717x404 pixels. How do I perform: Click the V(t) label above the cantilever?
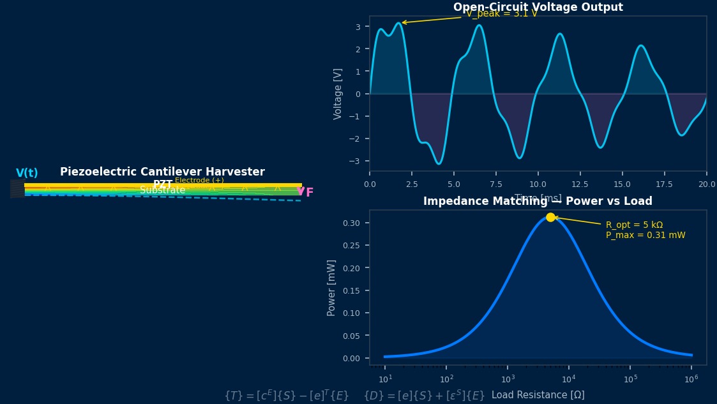coord(27,173)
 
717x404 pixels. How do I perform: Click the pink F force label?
coord(310,193)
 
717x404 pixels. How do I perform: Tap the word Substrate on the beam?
coord(163,190)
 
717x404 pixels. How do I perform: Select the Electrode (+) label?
coord(199,181)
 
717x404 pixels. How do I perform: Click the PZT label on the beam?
coord(162,184)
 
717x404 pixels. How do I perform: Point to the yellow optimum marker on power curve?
coord(550,218)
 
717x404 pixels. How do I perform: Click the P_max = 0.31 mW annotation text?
coord(645,236)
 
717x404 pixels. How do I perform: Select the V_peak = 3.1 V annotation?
coord(502,13)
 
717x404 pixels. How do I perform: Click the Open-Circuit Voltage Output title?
coord(538,7)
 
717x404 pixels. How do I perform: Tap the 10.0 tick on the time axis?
coord(538,184)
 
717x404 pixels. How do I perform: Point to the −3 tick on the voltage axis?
coord(358,161)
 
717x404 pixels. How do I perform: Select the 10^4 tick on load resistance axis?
coord(569,379)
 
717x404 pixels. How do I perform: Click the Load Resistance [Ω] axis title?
coord(538,395)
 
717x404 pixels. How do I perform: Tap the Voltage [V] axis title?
coord(338,94)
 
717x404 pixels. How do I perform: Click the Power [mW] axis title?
coord(331,287)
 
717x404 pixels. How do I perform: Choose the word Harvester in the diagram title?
coord(238,172)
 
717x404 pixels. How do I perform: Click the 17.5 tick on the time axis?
coord(665,184)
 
